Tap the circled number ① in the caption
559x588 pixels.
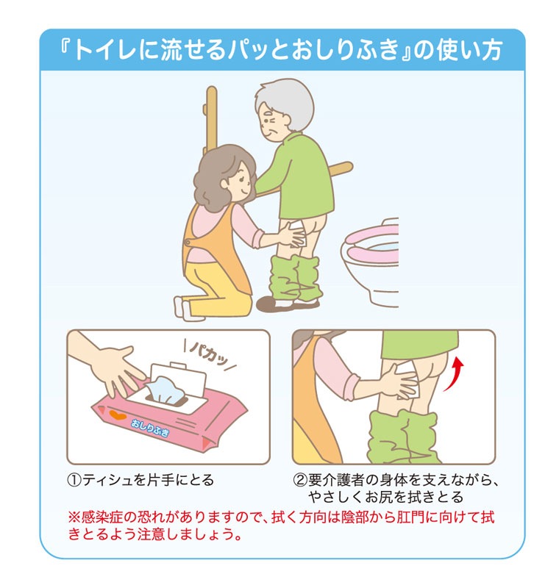[74, 481]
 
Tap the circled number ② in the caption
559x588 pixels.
[300, 481]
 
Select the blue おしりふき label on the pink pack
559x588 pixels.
[150, 428]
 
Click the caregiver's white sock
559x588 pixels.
[185, 309]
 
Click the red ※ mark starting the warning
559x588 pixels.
[74, 517]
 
